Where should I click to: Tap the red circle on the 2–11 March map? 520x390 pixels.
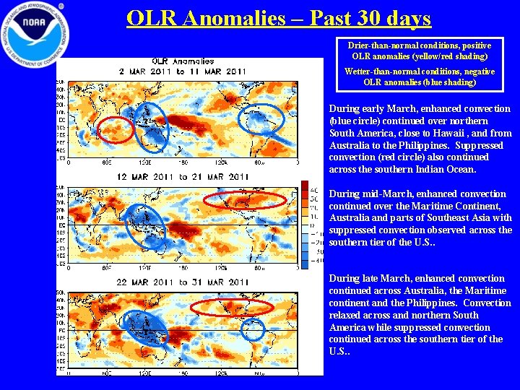point(116,129)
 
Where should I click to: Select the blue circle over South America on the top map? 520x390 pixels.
point(261,121)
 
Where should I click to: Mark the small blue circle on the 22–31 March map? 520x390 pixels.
point(253,329)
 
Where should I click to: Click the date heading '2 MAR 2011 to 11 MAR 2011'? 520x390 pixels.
point(183,71)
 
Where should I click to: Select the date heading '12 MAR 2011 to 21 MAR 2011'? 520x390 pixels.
point(183,177)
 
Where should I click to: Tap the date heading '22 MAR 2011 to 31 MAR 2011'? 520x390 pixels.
point(183,282)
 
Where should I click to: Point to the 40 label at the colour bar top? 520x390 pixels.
point(313,187)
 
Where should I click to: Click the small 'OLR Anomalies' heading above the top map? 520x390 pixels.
point(183,61)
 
